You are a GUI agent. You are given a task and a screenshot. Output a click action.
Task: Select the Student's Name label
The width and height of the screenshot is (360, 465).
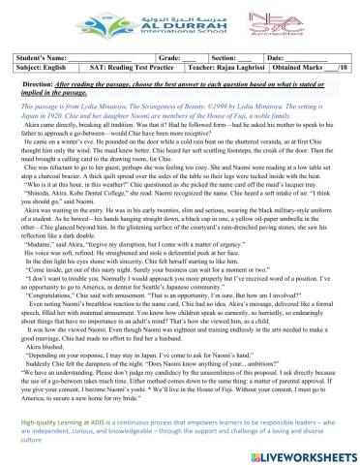click(x=35, y=61)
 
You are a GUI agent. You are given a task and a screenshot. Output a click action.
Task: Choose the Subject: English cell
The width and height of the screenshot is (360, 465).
click(x=36, y=72)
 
